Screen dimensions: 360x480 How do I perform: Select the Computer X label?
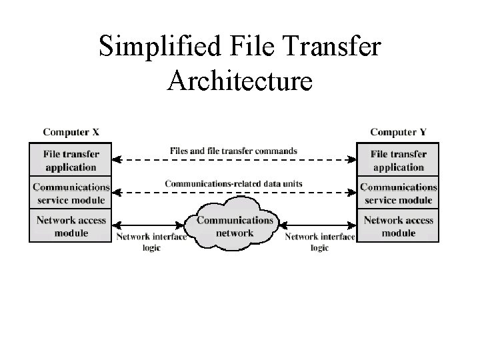click(x=70, y=132)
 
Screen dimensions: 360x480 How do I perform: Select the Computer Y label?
click(x=398, y=132)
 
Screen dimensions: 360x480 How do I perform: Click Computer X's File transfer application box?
click(x=70, y=161)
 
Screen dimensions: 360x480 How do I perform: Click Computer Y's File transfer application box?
click(x=398, y=161)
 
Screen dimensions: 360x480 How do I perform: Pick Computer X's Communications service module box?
click(x=70, y=193)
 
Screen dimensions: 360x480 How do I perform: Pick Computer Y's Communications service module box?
click(x=398, y=193)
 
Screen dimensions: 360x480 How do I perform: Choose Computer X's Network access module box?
click(x=70, y=226)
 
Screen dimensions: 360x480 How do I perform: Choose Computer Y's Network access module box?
click(x=398, y=226)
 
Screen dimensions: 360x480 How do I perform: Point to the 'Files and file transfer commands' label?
click(x=233, y=151)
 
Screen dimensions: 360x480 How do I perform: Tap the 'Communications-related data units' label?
click(x=233, y=183)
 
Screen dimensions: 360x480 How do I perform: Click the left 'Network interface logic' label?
click(x=151, y=242)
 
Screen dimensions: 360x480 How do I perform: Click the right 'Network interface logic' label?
click(x=319, y=242)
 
